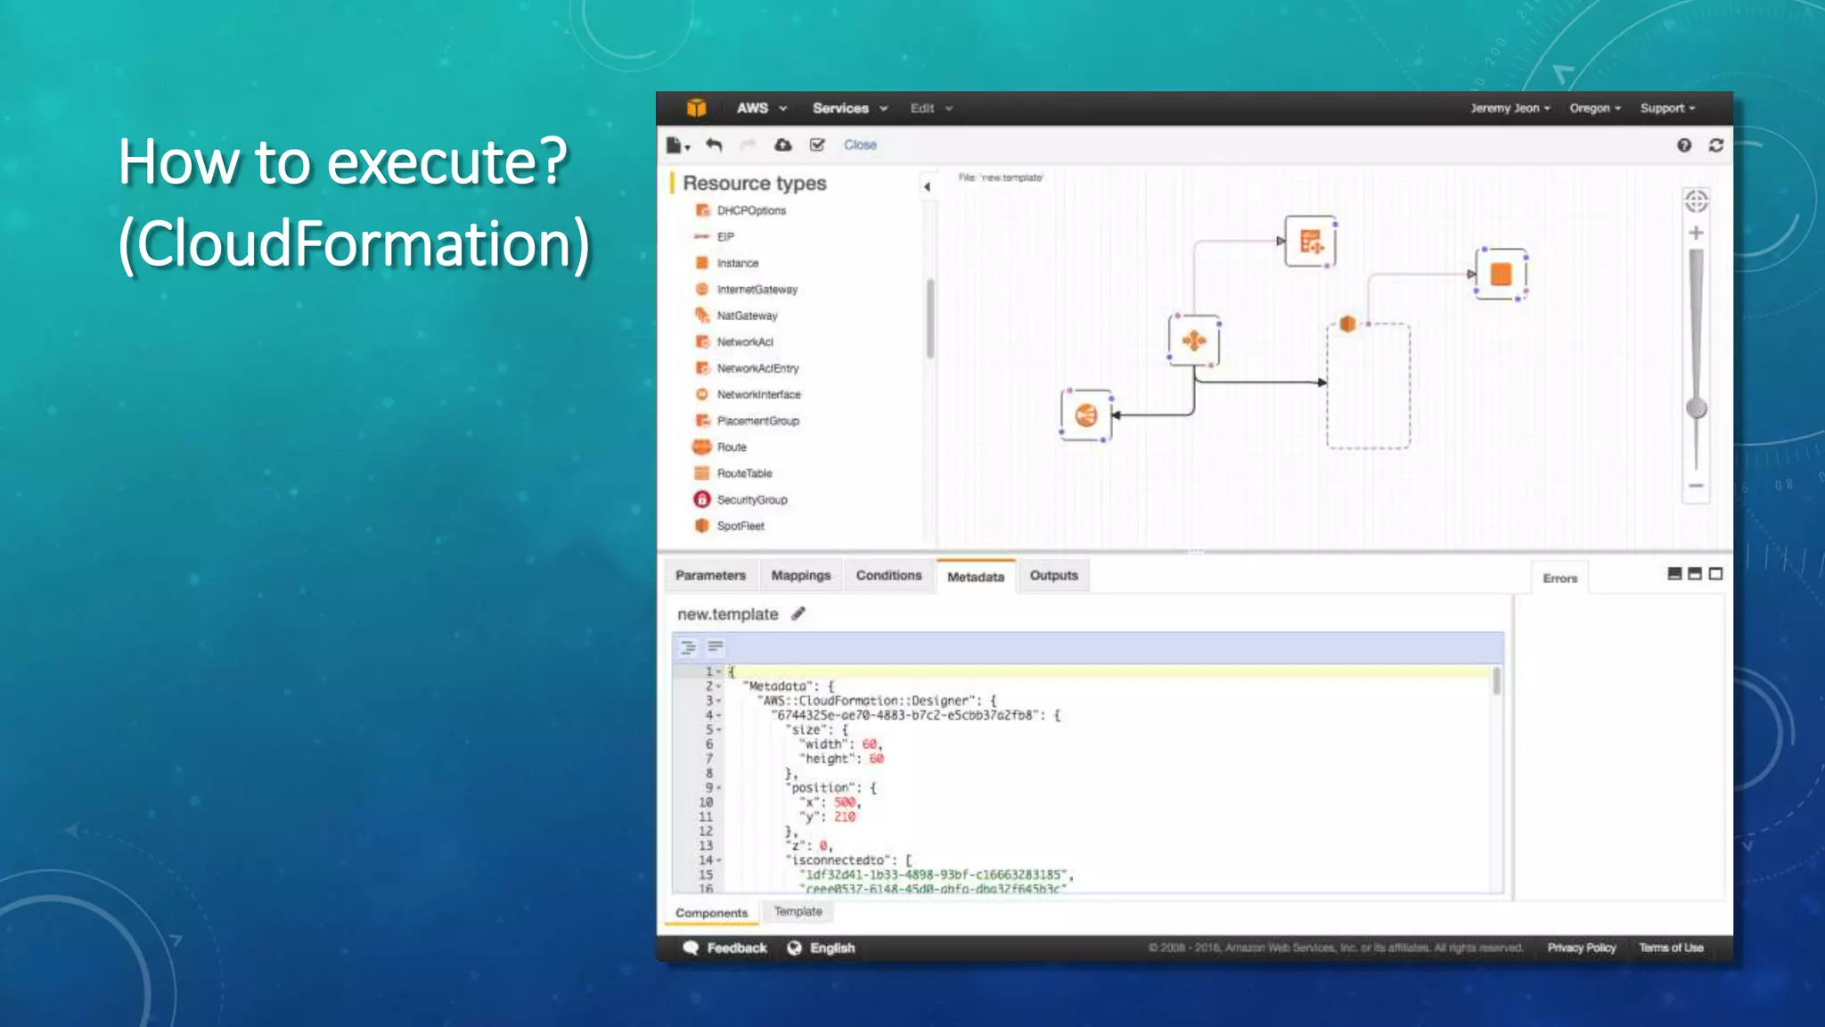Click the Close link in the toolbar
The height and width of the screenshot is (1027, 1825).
click(860, 144)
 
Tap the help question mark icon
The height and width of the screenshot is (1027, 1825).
click(1683, 145)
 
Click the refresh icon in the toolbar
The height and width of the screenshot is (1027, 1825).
click(1716, 145)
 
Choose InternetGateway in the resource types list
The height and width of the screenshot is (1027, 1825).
click(757, 290)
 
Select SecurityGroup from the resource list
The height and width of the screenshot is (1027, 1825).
click(751, 500)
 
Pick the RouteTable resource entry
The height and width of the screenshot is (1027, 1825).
click(744, 473)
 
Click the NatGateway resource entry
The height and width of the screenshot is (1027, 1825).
click(747, 316)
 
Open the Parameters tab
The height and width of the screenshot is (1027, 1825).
click(710, 576)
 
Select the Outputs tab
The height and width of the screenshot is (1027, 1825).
click(1053, 576)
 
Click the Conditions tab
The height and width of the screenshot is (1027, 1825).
click(888, 576)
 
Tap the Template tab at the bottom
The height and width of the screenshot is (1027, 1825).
click(798, 911)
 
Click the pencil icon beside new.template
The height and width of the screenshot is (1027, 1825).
click(798, 613)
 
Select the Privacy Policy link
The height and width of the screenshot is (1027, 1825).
click(1581, 948)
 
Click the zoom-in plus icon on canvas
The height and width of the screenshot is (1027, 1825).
click(1696, 234)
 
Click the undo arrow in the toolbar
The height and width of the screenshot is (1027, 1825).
click(714, 144)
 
